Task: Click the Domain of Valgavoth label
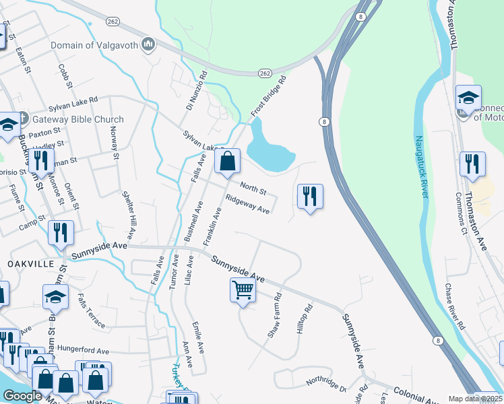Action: pos(94,45)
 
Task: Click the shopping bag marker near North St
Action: pos(228,161)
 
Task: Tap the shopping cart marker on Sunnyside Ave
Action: pos(243,290)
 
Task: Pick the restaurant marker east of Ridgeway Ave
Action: pos(310,197)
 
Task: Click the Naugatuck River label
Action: pos(422,166)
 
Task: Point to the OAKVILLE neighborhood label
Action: pos(31,264)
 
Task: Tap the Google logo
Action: pos(22,396)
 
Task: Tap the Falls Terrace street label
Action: pos(91,310)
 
